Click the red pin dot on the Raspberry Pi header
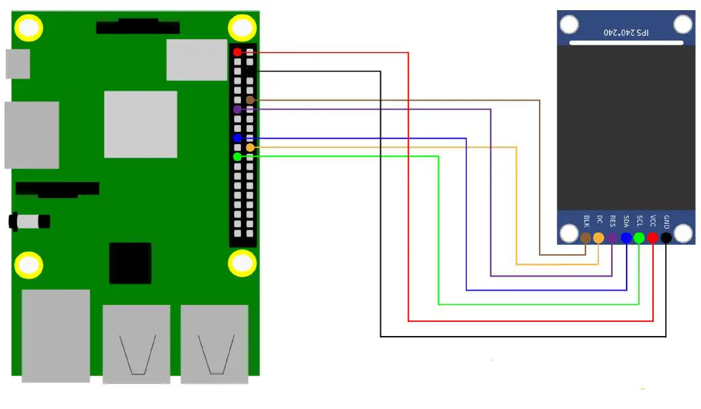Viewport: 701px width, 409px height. (236, 52)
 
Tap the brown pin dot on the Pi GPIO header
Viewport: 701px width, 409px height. (250, 100)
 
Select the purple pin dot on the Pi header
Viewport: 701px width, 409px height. (236, 109)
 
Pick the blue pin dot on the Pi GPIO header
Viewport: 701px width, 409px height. (236, 138)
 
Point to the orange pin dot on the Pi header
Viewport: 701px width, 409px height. (250, 147)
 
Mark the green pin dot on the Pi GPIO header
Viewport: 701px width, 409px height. (236, 157)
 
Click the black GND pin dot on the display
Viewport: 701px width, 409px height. (666, 238)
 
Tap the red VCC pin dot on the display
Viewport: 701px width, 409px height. (652, 238)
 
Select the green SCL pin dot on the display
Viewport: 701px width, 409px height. (639, 238)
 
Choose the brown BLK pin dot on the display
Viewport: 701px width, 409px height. (586, 238)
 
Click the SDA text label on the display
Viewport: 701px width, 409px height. (626, 221)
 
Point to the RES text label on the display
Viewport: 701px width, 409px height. (613, 221)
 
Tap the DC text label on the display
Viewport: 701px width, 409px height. (599, 220)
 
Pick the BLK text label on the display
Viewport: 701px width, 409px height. (586, 221)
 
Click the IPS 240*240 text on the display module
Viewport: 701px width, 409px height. (625, 32)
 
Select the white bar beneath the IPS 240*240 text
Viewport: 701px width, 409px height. (625, 43)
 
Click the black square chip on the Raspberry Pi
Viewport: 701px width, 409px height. (130, 262)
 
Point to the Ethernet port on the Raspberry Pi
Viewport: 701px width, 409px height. (55, 335)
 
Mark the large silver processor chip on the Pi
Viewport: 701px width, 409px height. (140, 124)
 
